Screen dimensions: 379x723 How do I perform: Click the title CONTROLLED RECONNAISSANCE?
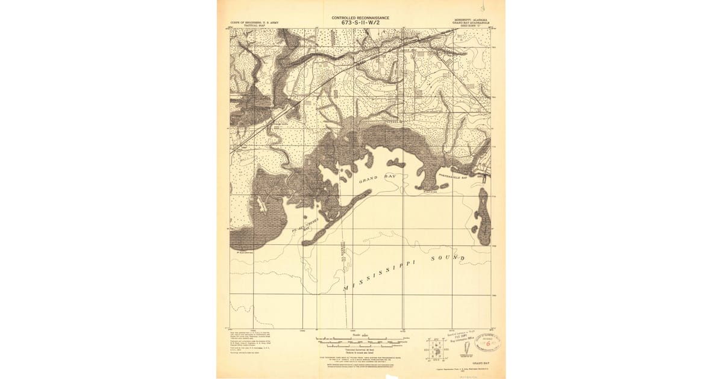(360, 17)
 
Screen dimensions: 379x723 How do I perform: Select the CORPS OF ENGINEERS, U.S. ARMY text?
(254, 22)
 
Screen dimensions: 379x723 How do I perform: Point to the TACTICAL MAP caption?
(254, 26)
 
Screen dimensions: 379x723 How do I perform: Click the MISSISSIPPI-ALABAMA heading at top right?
(471, 19)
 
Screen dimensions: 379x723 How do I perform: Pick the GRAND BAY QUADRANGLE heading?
(471, 23)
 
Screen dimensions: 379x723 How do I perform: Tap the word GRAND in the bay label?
(368, 180)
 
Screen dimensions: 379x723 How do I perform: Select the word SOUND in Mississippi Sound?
(448, 259)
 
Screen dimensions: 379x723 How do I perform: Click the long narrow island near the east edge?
(483, 220)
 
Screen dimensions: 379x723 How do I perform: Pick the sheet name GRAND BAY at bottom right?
(480, 364)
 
